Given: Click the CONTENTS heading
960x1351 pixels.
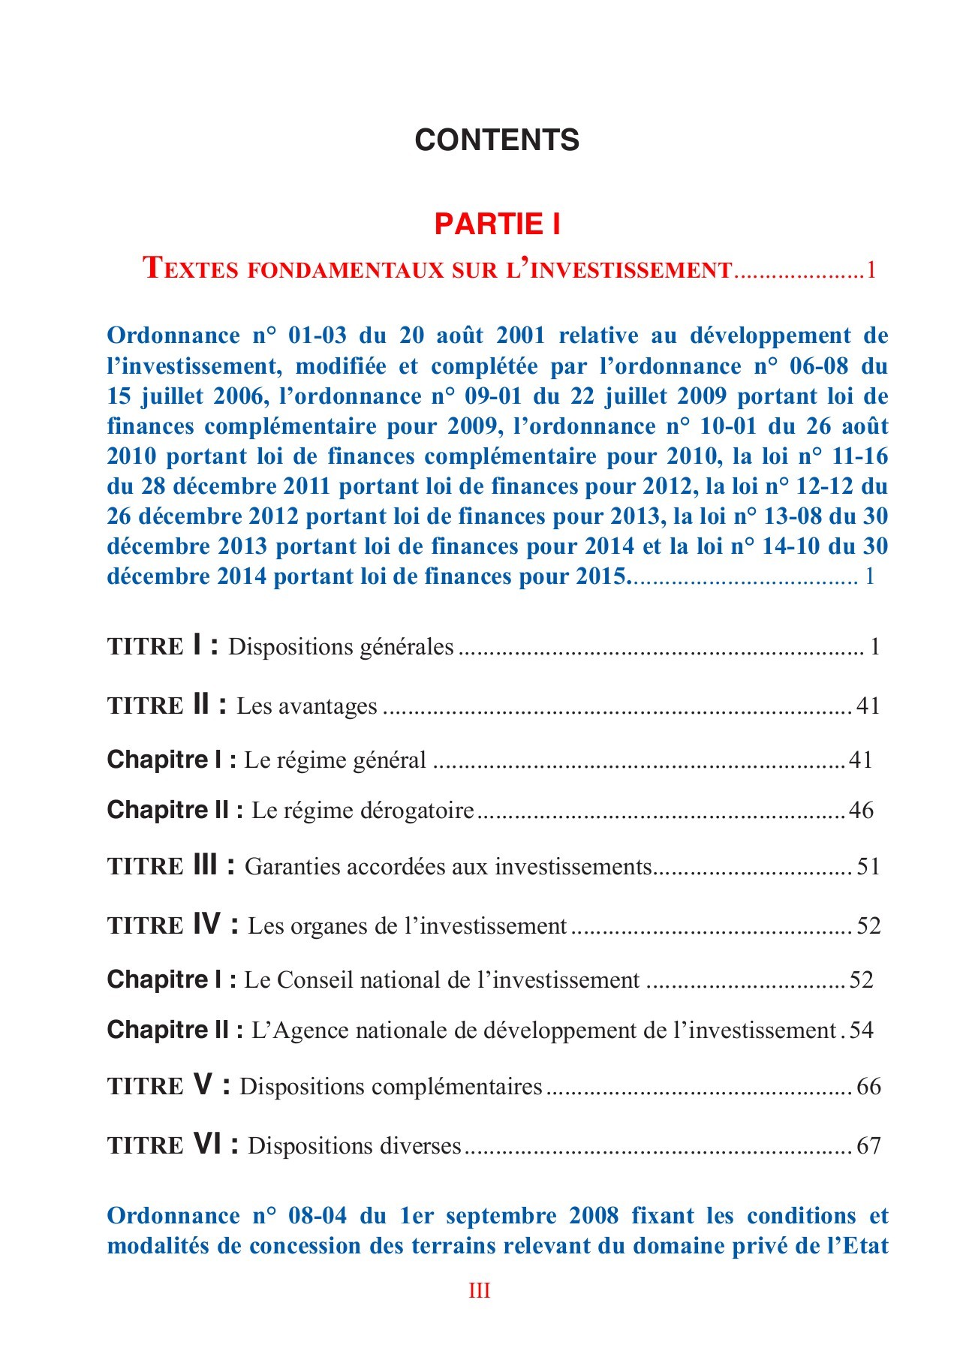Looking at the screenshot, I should pos(497,140).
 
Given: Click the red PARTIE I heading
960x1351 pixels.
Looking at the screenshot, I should pos(497,224).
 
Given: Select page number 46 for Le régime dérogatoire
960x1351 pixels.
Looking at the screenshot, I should pos(861,811).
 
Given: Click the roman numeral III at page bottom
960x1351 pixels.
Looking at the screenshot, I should pos(480,1291).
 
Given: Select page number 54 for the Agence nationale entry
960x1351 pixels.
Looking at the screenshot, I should pos(862,1030).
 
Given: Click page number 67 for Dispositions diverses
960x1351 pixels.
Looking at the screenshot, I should pos(868,1145).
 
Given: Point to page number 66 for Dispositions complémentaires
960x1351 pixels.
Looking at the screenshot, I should pos(868,1087).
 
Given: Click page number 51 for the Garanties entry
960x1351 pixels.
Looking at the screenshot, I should pos(868,867).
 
